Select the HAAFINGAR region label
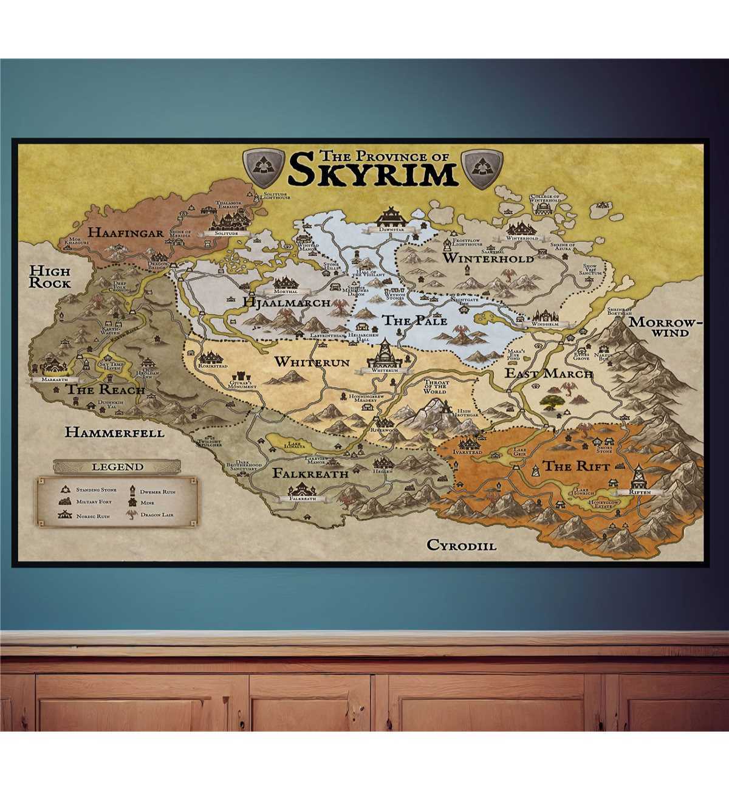pos(126,232)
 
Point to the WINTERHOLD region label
pos(488,258)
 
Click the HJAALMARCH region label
pos(286,302)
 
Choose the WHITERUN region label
pos(312,362)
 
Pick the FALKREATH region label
pos(310,473)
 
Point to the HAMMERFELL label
pos(114,433)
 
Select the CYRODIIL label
pos(461,545)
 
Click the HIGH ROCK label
pos(50,277)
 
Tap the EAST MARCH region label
pos(549,373)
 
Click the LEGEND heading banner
pos(118,467)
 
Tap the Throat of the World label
pos(436,387)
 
